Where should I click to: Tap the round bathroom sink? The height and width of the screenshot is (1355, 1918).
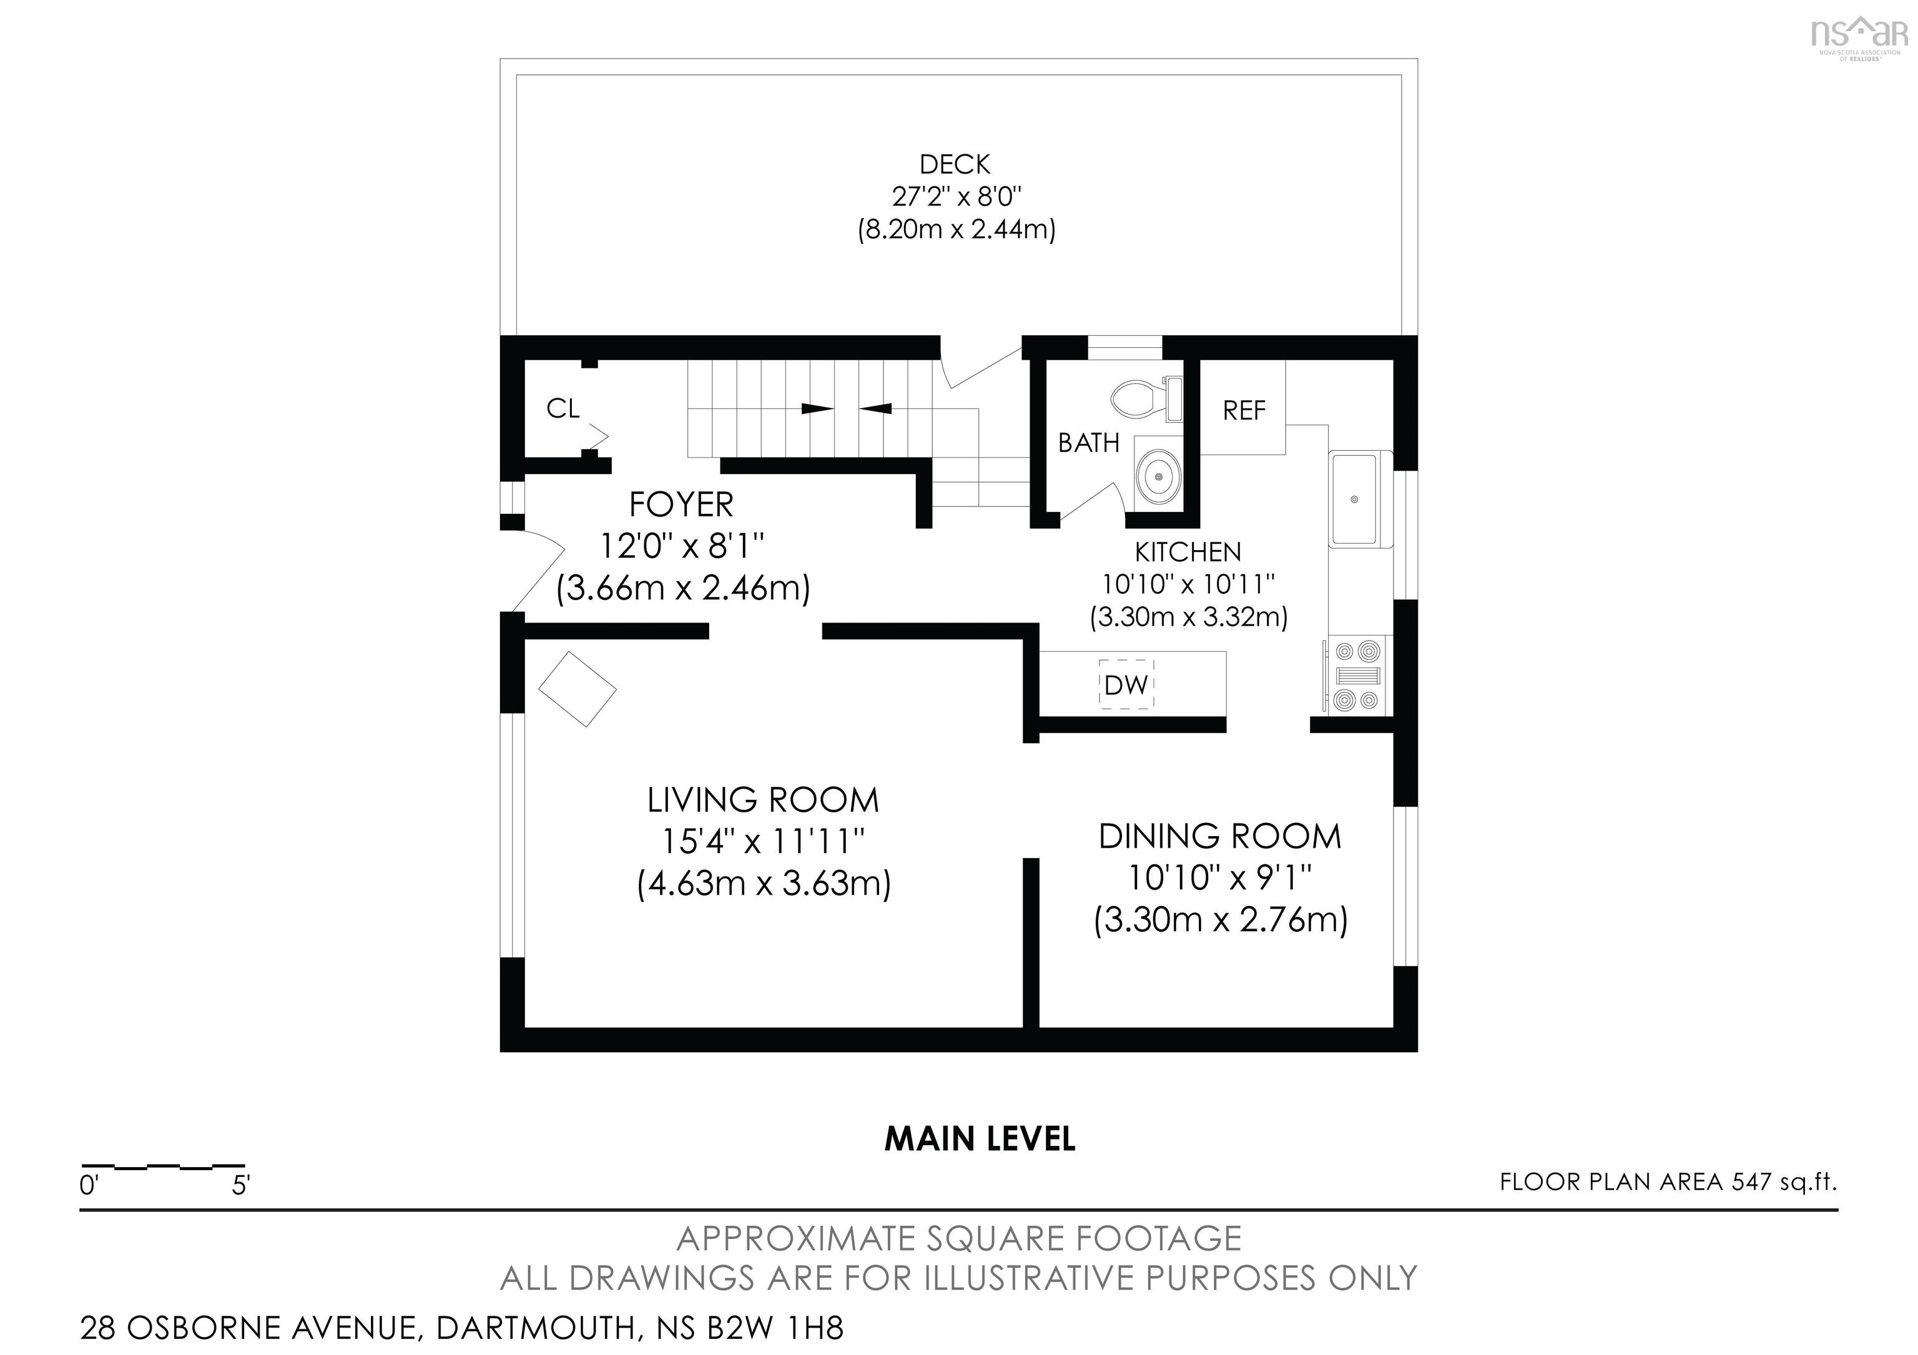(x=1159, y=476)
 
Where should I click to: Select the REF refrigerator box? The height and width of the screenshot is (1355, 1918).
(x=1243, y=410)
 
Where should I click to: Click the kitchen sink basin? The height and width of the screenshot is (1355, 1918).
(x=1355, y=499)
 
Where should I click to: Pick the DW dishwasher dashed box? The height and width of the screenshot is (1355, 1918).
(x=1126, y=685)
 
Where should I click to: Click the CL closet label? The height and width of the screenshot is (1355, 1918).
(x=562, y=408)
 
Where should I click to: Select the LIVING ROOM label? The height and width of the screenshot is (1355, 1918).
(x=763, y=801)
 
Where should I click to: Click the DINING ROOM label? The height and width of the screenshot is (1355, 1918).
(x=1219, y=836)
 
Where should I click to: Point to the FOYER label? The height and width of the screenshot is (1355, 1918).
(x=681, y=505)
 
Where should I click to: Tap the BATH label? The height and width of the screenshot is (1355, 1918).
(x=1088, y=443)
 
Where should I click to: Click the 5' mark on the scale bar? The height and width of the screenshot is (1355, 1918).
(x=240, y=1185)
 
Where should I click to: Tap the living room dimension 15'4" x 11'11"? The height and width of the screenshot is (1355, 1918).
(x=763, y=841)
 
